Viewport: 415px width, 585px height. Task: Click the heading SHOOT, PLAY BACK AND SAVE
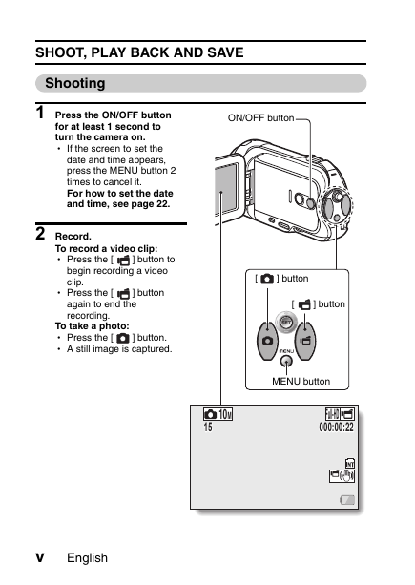[139, 52]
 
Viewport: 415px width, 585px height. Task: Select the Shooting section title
[75, 83]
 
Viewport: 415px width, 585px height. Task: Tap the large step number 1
[40, 113]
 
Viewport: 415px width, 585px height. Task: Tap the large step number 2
[40, 234]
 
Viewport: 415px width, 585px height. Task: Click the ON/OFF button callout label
[261, 118]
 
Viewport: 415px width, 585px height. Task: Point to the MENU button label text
[301, 382]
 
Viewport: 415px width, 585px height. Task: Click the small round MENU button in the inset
[286, 361]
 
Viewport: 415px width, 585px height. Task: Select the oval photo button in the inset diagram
[267, 341]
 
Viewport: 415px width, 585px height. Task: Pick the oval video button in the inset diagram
[305, 341]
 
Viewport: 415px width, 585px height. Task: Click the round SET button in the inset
[286, 322]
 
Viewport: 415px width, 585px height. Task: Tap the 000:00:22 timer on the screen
[336, 428]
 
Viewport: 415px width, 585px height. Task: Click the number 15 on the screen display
[208, 428]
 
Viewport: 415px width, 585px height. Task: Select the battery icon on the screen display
[347, 500]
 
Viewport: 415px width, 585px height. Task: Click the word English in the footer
[87, 558]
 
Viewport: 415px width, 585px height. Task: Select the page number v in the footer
[39, 558]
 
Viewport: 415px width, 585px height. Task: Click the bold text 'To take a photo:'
[93, 326]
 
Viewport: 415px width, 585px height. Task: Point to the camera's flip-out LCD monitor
[226, 190]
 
